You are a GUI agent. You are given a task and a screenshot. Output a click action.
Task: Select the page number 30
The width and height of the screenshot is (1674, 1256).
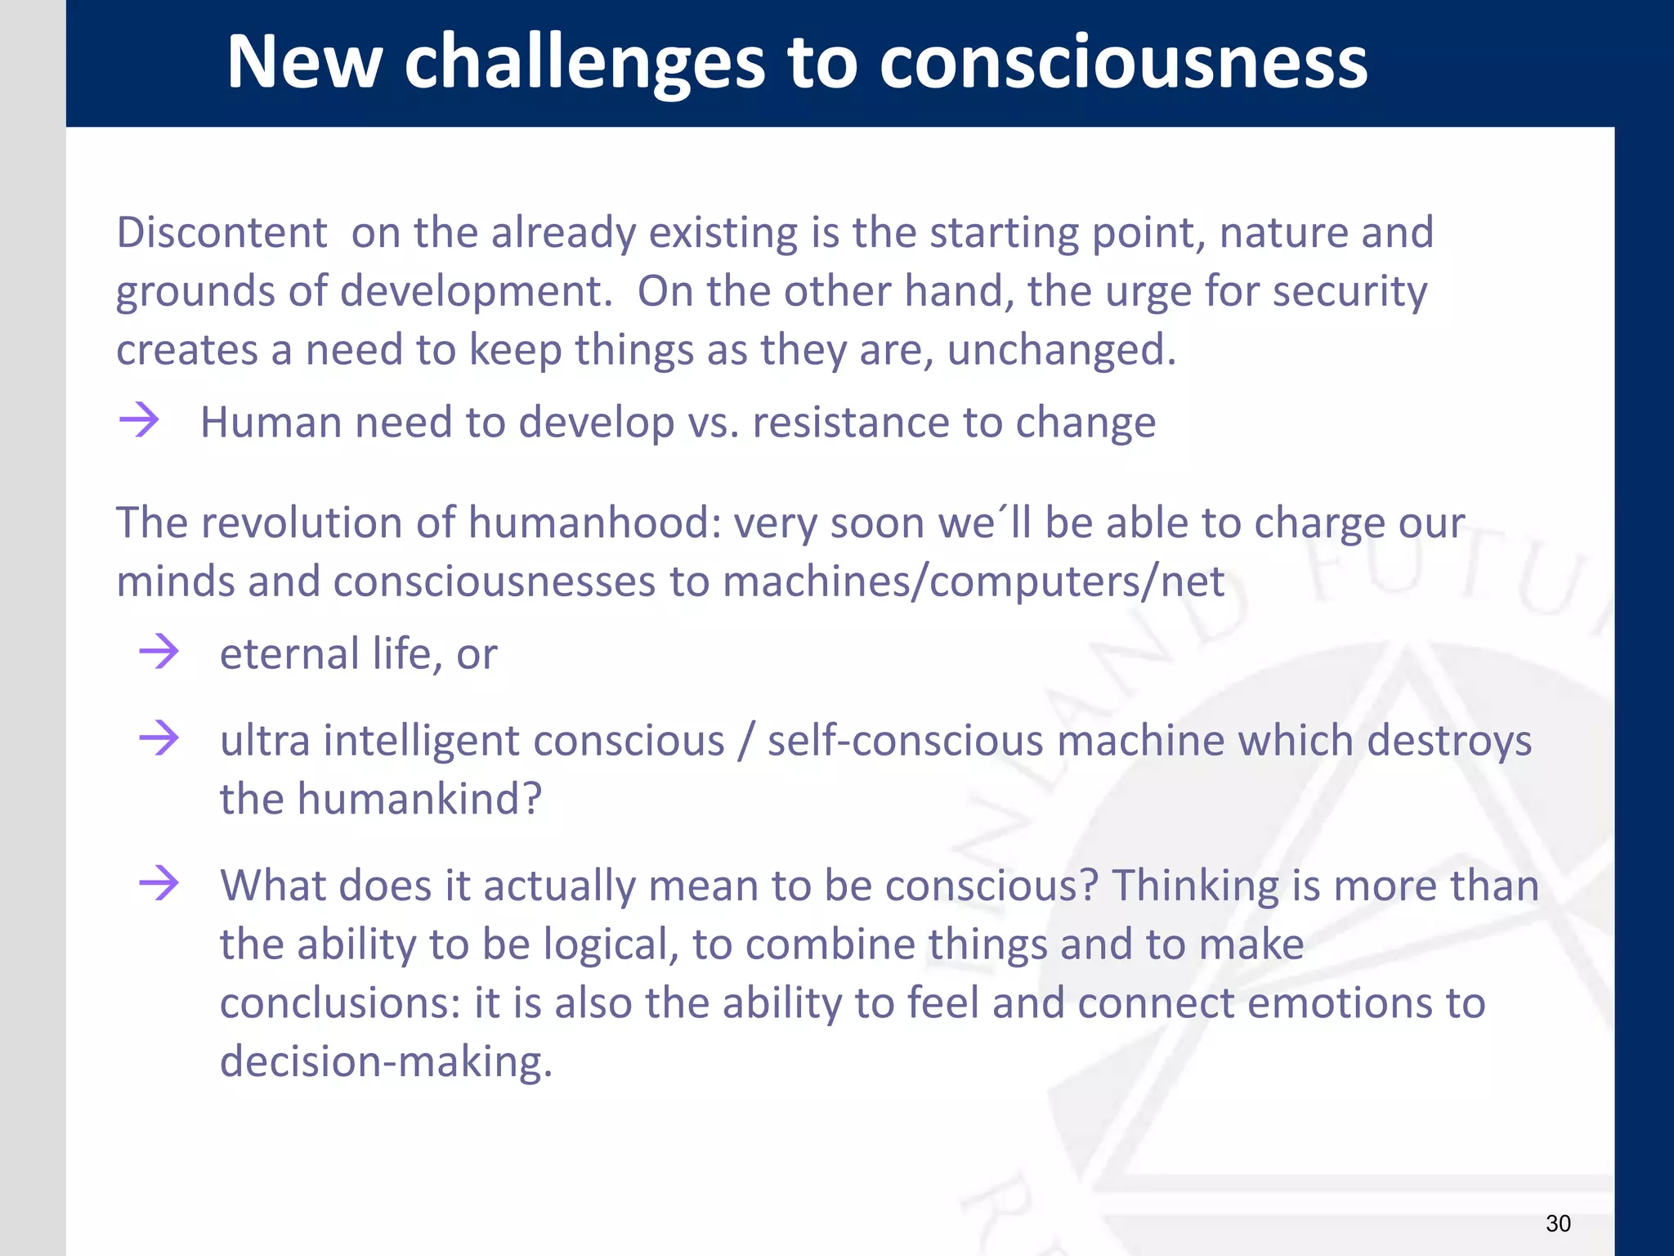pos(1558,1223)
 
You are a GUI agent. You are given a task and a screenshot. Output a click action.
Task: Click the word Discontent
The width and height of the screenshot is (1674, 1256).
pos(222,232)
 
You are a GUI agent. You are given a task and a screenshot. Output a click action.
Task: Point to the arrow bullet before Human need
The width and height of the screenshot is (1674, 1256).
pos(139,420)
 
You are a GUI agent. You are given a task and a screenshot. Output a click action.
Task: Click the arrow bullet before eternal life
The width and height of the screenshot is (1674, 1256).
pos(159,652)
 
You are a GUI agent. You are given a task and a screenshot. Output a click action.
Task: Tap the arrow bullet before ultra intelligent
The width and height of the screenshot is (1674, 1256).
pos(159,738)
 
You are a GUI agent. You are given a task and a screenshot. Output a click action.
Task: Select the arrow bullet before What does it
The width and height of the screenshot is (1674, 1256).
pos(159,883)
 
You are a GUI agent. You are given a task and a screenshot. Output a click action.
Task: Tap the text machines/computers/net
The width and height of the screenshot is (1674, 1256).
pos(974,581)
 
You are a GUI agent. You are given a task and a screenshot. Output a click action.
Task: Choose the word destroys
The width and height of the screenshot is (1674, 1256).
pos(1449,741)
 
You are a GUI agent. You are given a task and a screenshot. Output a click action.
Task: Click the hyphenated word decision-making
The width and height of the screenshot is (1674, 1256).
pos(386,1061)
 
